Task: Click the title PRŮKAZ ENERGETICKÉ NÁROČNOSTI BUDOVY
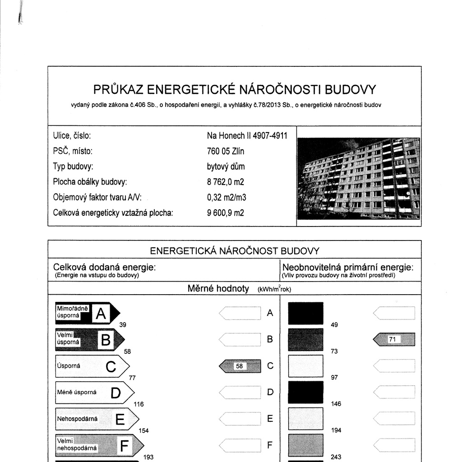[234, 89]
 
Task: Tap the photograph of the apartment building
[359, 178]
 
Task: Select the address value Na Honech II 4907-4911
[247, 136]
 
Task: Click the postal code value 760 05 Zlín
[226, 151]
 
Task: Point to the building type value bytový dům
[226, 166]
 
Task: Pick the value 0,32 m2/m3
[226, 198]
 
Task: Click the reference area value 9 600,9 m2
[226, 213]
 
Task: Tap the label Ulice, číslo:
[72, 136]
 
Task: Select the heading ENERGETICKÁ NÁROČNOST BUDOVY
[235, 251]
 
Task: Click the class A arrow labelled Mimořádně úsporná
[88, 313]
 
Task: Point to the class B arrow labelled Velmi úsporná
[90, 339]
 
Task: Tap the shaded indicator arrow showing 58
[240, 366]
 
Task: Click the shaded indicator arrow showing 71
[394, 339]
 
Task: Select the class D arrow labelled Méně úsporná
[94, 393]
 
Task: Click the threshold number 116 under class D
[139, 404]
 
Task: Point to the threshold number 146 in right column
[336, 404]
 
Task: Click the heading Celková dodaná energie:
[104, 268]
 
